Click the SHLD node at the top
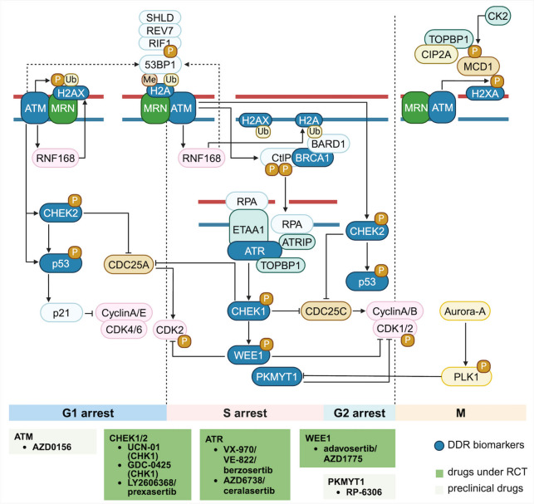159,17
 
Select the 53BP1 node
159,65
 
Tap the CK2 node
497,16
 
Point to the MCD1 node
478,66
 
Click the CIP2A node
436,55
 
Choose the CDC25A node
129,264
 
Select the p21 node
61,313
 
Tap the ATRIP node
297,242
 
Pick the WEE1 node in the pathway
248,355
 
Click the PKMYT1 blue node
277,377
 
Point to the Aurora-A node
465,311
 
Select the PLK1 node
466,377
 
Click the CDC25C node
326,311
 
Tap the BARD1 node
328,144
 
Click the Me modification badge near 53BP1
149,80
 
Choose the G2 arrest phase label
360,413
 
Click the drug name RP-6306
364,492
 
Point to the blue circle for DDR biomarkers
439,446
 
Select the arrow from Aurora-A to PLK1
465,344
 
